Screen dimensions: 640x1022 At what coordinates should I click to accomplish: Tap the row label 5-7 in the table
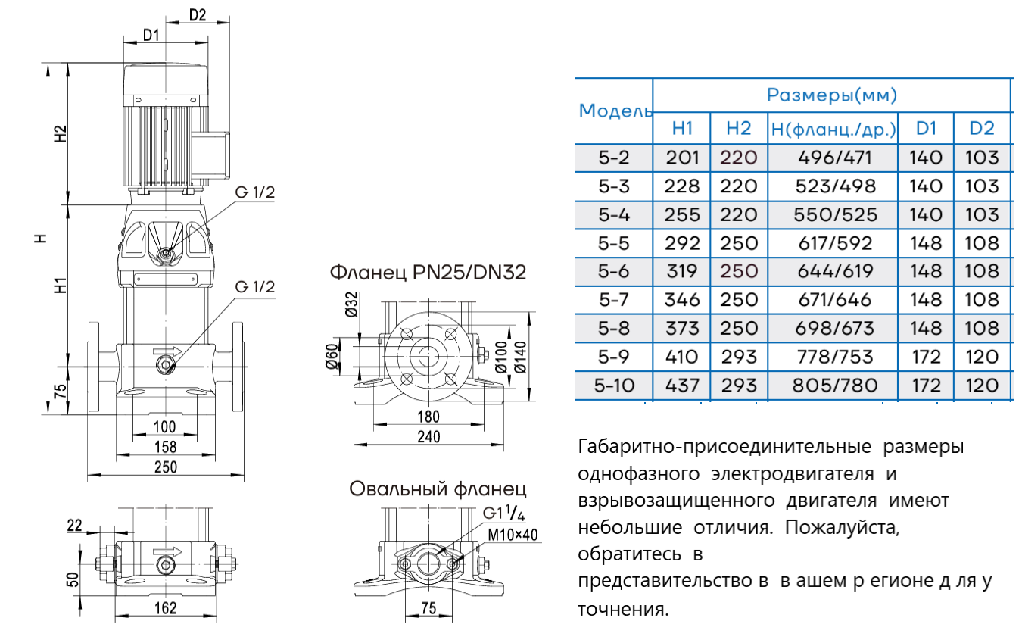coord(613,300)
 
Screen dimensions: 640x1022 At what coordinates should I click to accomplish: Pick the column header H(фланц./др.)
coord(833,129)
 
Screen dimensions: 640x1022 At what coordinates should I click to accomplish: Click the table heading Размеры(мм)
coord(832,95)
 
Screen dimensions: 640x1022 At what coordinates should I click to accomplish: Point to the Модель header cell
coord(615,111)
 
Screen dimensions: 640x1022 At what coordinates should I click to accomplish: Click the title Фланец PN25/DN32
coord(427,272)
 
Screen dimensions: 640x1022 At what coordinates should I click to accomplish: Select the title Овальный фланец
coord(438,489)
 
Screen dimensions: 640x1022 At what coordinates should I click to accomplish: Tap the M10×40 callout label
coord(513,535)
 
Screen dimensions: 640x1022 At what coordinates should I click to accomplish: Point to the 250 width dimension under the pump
coord(165,467)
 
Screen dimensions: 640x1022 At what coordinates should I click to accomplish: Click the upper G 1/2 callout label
coord(254,192)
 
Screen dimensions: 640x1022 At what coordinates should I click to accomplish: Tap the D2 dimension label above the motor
coord(198,14)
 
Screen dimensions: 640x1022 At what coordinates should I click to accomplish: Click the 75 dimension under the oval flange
coord(428,607)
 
